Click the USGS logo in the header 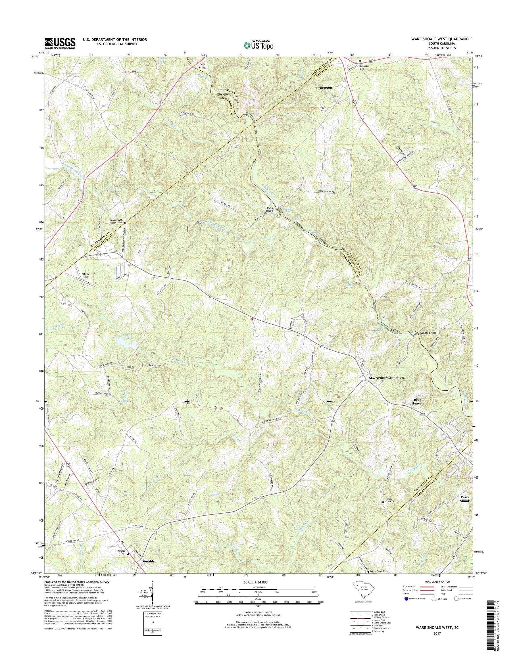(60, 43)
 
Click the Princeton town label (324, 87)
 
